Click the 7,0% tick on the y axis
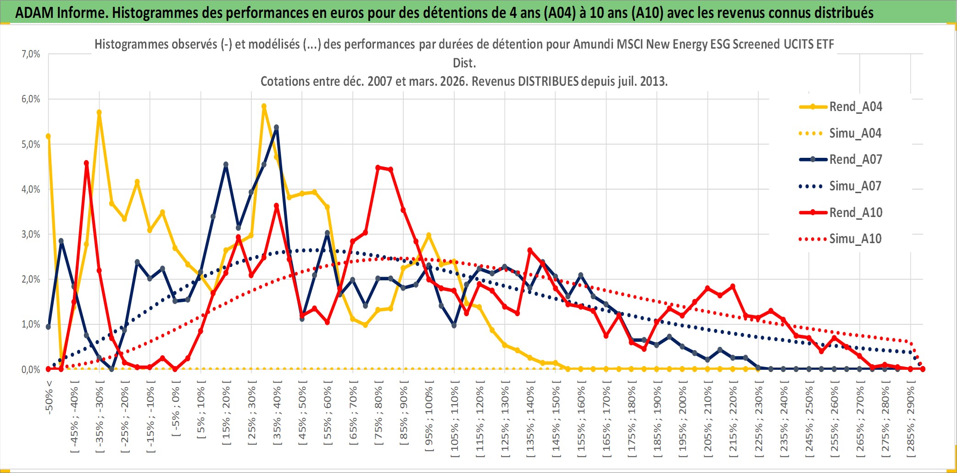(31, 54)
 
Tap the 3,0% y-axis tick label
(31, 234)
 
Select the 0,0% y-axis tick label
(31, 370)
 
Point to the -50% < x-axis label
(49, 397)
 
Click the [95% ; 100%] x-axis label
(429, 419)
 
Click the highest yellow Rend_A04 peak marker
(264, 106)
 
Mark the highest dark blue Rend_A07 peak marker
(276, 128)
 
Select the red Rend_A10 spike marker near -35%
(86, 163)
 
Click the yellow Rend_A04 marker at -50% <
(48, 136)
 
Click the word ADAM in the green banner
(34, 13)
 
